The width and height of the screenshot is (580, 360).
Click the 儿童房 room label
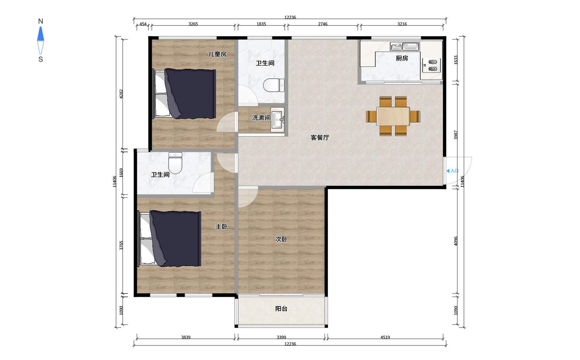click(x=217, y=54)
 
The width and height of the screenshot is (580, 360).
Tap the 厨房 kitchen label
click(x=402, y=58)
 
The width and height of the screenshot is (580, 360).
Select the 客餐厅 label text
click(x=320, y=137)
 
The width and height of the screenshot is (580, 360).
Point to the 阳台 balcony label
click(x=281, y=309)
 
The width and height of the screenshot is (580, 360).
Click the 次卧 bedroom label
click(x=281, y=239)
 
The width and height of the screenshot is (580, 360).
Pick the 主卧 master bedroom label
click(x=221, y=227)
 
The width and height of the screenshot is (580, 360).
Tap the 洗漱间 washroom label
click(x=261, y=117)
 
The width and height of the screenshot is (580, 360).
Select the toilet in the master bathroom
click(x=175, y=163)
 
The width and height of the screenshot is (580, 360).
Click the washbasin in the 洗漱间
click(x=277, y=120)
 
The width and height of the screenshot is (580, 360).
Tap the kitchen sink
click(x=405, y=46)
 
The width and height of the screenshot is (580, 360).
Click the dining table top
click(x=393, y=116)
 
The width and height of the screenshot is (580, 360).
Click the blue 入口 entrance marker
click(x=452, y=171)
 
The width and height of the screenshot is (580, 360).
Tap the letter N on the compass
click(x=41, y=21)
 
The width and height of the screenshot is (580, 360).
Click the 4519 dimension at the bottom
click(x=385, y=337)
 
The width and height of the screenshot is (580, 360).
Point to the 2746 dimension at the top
click(x=323, y=24)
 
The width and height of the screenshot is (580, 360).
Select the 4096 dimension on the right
click(x=456, y=241)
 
